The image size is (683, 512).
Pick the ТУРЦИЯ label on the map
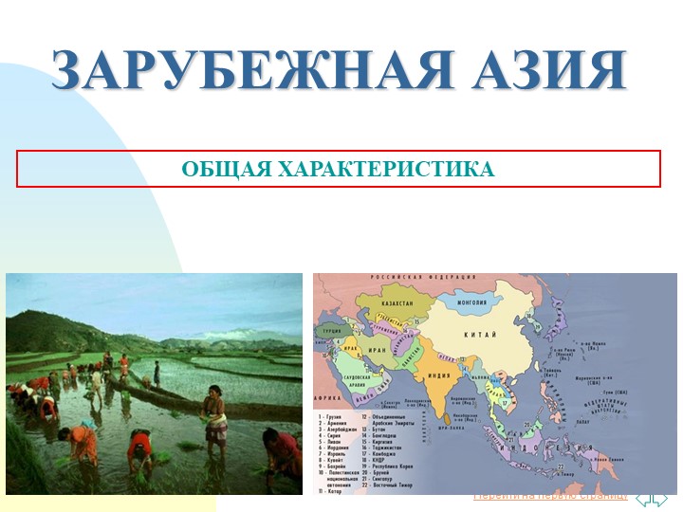click(x=332, y=332)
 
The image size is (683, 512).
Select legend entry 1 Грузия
click(x=332, y=416)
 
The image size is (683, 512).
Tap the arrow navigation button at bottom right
click(x=652, y=498)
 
